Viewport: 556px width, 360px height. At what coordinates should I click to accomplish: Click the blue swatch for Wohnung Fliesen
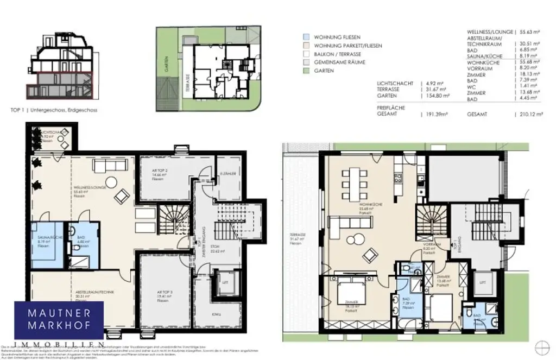click(x=306, y=37)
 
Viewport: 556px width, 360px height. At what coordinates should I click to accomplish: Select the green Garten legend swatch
click(x=306, y=71)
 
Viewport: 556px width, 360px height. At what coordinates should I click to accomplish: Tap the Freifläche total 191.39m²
click(x=435, y=115)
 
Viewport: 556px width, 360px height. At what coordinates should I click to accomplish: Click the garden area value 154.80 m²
click(x=436, y=96)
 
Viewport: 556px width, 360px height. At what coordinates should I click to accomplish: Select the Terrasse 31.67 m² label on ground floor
click(x=295, y=239)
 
